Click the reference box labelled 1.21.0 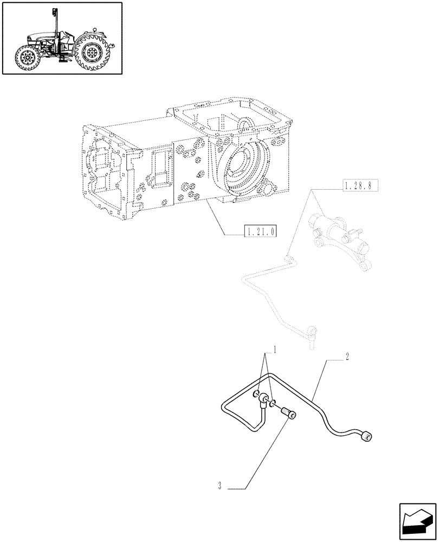tap(262, 231)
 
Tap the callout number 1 tap(275, 350)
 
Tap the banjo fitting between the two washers tap(264, 400)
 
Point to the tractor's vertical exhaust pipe tap(54, 22)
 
